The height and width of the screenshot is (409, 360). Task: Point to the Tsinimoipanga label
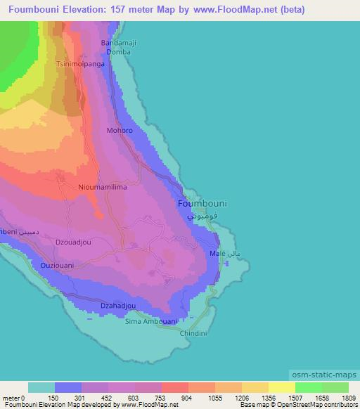(80, 63)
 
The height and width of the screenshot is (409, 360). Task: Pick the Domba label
(118, 52)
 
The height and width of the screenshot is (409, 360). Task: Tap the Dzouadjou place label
(73, 242)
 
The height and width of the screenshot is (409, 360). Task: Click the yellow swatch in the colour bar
(281, 387)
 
